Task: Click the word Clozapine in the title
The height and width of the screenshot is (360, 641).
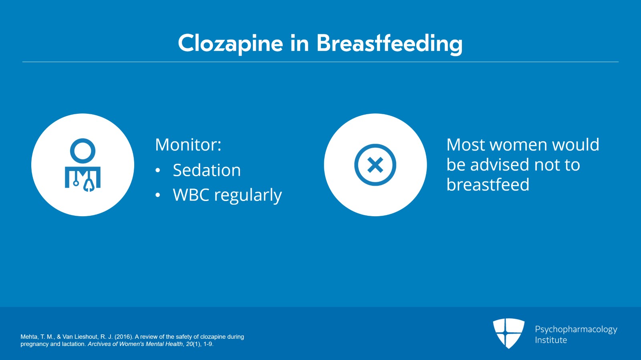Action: (230, 44)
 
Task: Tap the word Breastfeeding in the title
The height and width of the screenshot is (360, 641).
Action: (389, 44)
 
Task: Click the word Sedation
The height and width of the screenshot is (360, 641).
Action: (207, 170)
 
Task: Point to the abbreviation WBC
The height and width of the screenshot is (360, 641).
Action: (191, 195)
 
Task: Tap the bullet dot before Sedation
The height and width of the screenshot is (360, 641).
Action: (158, 171)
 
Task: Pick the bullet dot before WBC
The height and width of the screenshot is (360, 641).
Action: (158, 195)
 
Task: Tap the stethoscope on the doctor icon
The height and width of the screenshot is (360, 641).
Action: (89, 183)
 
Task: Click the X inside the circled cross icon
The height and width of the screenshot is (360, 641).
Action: (375, 165)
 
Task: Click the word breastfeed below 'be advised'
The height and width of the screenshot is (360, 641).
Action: (488, 185)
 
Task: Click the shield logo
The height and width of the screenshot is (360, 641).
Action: (508, 333)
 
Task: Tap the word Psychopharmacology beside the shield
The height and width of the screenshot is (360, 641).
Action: (576, 330)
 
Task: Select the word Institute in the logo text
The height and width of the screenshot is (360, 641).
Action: (551, 340)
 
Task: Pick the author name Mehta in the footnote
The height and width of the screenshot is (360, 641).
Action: (28, 337)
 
